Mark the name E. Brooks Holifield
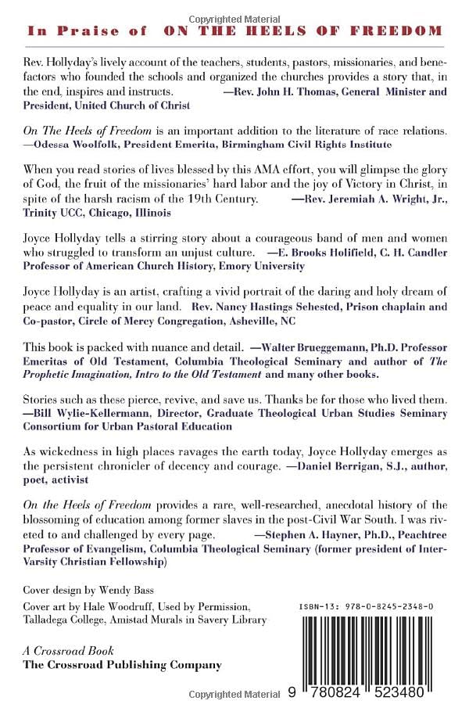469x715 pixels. [325, 253]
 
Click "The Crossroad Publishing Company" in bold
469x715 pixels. [121, 665]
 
